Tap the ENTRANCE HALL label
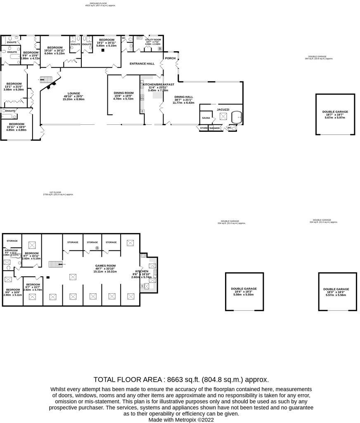pos(142,64)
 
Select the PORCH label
pos(170,58)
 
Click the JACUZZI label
pos(223,109)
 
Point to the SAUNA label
pos(206,118)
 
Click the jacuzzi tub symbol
pos(237,118)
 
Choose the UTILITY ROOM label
pos(153,40)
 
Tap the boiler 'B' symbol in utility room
pos(160,49)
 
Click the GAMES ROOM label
pos(105,266)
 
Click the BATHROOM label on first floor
pos(11,250)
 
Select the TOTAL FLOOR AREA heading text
pos(128,379)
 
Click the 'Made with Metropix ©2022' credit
pos(181,419)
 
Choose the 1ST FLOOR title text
pos(55,192)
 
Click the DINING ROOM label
pos(124,93)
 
